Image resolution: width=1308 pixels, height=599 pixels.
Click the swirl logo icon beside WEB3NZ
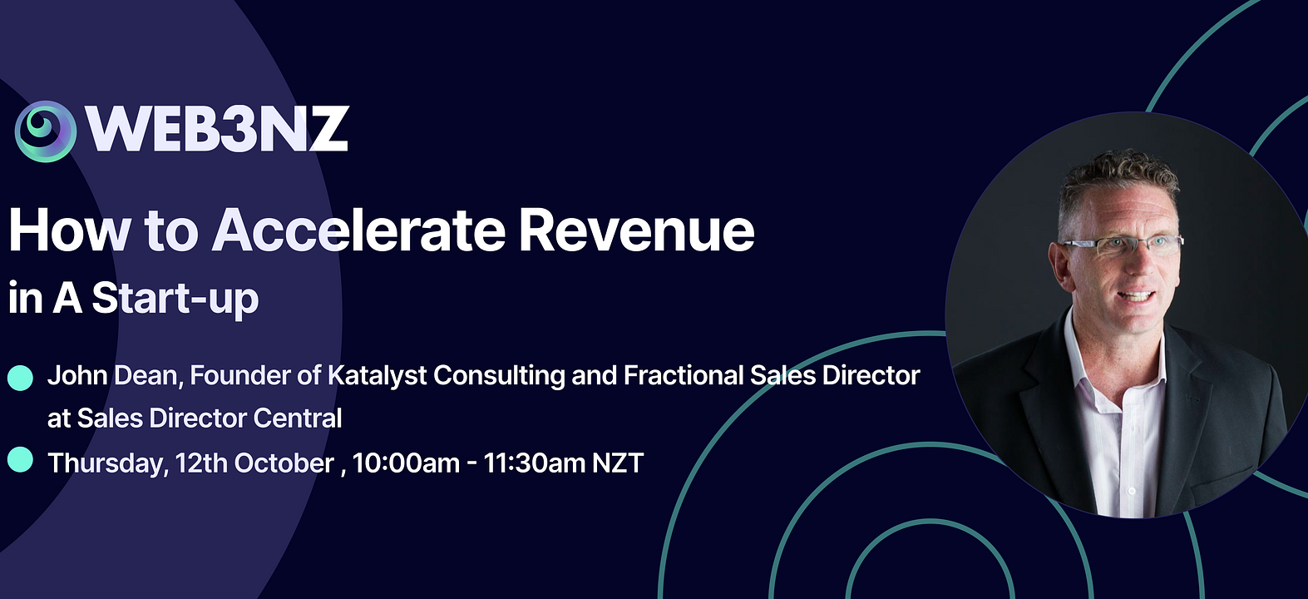(x=46, y=131)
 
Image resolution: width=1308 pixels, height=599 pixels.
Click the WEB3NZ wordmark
(x=217, y=130)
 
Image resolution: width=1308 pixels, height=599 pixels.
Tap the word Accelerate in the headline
(x=358, y=230)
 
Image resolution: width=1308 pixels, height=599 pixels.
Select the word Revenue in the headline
(x=636, y=230)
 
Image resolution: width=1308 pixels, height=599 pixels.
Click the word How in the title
(x=70, y=230)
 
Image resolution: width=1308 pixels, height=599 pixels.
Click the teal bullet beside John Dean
(x=21, y=378)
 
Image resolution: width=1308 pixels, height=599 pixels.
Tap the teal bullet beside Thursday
(x=21, y=459)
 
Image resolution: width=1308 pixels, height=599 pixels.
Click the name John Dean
(x=115, y=376)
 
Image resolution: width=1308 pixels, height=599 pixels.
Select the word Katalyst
(x=378, y=376)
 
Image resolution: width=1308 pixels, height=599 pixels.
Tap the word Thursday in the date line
(x=107, y=463)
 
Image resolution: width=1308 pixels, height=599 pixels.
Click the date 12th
(x=201, y=463)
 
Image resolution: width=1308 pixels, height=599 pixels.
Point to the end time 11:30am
(x=535, y=463)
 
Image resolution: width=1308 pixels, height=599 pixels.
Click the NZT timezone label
(x=618, y=463)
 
